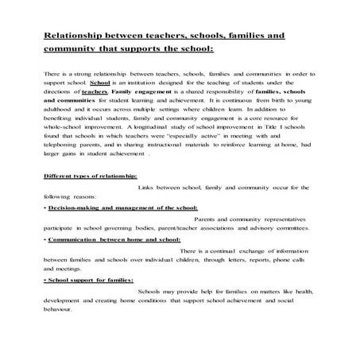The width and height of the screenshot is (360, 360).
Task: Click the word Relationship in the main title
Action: (x=74, y=37)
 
